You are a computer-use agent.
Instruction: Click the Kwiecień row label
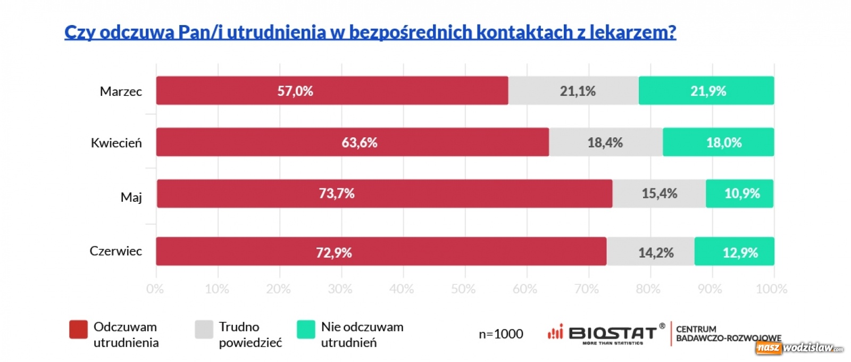116,143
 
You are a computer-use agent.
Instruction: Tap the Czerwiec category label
115,251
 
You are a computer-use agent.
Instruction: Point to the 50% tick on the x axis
463,289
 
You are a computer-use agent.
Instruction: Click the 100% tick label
771,289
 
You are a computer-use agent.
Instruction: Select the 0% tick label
155,289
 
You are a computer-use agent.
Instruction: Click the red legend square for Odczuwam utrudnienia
78,330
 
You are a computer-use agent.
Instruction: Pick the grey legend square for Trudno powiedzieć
204,330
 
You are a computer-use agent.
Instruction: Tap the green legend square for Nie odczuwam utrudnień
306,330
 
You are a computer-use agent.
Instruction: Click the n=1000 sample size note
500,334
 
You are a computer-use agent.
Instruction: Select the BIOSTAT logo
606,334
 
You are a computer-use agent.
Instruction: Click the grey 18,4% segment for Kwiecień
606,142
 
